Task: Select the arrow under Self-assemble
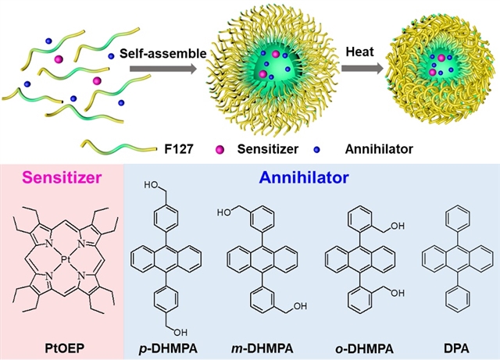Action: click(162, 70)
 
